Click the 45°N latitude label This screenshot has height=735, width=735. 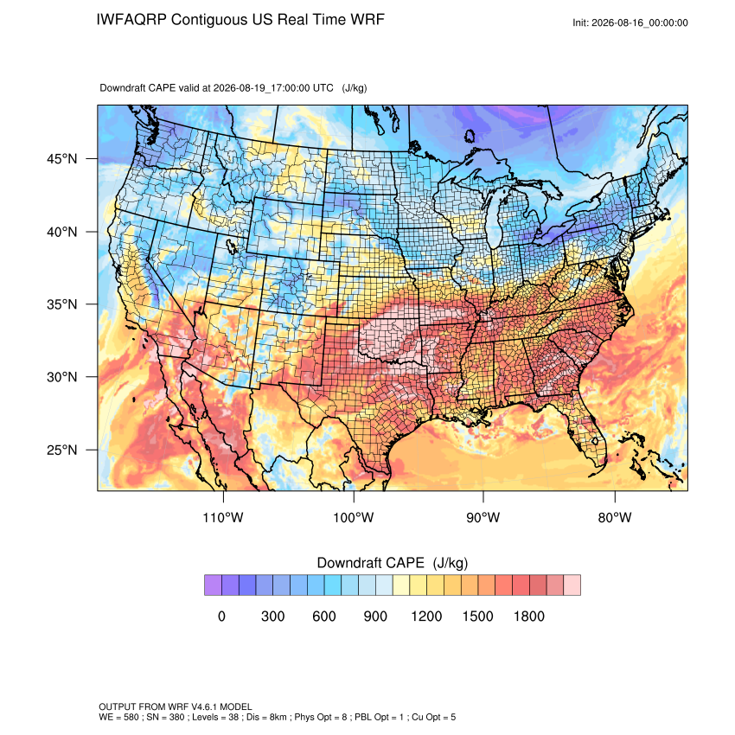(x=62, y=159)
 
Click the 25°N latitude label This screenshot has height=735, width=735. (x=62, y=450)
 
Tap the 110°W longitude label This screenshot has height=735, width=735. (x=223, y=517)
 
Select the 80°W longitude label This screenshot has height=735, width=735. (x=615, y=517)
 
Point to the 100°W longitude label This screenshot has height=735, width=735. (x=354, y=517)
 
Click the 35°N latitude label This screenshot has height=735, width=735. (x=62, y=304)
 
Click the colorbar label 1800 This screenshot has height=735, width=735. (x=528, y=616)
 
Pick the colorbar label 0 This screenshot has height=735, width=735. (x=221, y=616)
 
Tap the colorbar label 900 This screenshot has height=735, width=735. (x=375, y=616)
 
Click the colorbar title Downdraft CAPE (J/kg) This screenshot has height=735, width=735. (x=393, y=563)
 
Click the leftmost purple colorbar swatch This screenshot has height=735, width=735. (x=213, y=585)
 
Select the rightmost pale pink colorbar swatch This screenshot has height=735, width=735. (x=572, y=585)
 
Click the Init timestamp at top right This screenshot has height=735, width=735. (x=630, y=22)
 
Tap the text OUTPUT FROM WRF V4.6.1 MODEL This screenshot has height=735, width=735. (x=176, y=706)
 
